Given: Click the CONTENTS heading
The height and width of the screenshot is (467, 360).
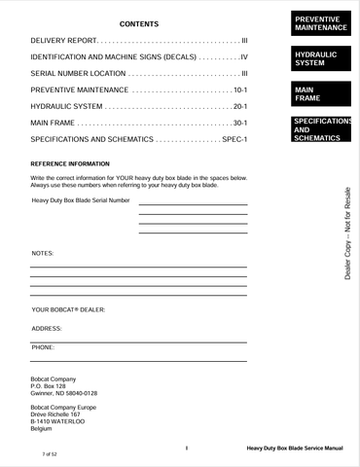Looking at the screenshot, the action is pyautogui.click(x=139, y=23).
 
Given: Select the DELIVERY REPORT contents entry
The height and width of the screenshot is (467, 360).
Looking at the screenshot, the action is pyautogui.click(x=64, y=42).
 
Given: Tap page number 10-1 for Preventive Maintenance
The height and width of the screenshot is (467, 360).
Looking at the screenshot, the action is pyautogui.click(x=240, y=90).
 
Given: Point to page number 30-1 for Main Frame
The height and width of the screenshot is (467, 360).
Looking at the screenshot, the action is pyautogui.click(x=240, y=124).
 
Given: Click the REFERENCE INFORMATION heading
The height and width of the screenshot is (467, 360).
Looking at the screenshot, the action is pyautogui.click(x=70, y=164).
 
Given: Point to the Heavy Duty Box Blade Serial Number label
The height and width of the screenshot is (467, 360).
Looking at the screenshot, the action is pyautogui.click(x=81, y=200).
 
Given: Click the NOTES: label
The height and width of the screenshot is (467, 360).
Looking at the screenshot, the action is pyautogui.click(x=43, y=253).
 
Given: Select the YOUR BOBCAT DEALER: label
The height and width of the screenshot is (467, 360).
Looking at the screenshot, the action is pyautogui.click(x=68, y=309).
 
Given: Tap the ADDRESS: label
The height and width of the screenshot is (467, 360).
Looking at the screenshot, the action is pyautogui.click(x=47, y=328).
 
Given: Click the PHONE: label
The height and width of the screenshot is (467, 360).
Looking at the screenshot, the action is pyautogui.click(x=43, y=346).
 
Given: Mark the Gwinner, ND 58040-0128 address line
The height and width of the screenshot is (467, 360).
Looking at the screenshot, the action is pyautogui.click(x=64, y=393).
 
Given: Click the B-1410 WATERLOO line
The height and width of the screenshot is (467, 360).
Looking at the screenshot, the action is pyautogui.click(x=58, y=421).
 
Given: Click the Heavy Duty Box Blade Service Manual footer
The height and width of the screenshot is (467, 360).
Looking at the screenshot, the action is pyautogui.click(x=295, y=449).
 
